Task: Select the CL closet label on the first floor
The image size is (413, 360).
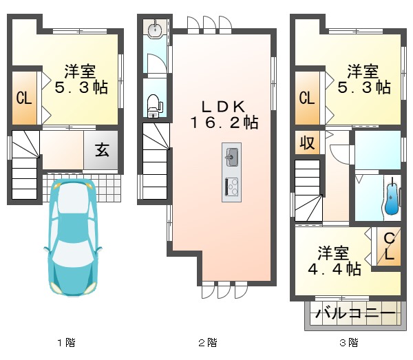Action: (x=24, y=98)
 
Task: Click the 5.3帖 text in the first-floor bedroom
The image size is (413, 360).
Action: (x=81, y=87)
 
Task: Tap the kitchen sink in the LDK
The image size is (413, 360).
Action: (x=232, y=158)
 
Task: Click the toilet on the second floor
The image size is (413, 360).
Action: (x=155, y=105)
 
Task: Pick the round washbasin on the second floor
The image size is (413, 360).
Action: (x=156, y=30)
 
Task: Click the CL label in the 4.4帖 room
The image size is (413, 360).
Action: (x=388, y=246)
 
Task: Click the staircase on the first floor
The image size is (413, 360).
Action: (x=25, y=165)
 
